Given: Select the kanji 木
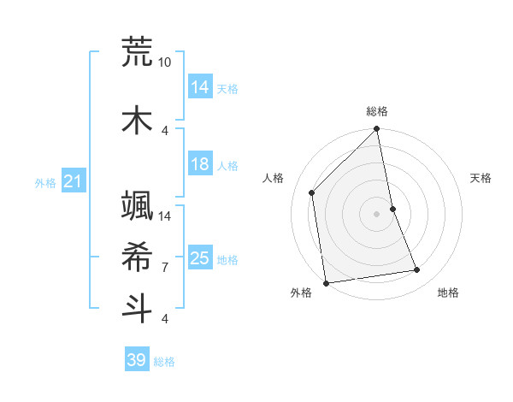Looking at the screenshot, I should coord(137,120).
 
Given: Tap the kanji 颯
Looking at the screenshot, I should coord(137,205).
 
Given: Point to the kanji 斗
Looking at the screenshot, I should coord(137,308).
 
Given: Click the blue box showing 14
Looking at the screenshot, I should coord(200,86).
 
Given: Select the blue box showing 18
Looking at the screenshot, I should coord(200,164).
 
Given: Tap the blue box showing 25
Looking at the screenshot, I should coord(200,258).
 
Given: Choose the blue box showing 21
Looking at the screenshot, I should coord(73,181).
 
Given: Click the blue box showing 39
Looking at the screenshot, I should coord(137,360).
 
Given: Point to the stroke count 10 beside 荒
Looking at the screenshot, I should coord(165,62).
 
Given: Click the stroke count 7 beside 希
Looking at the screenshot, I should coord(165,268).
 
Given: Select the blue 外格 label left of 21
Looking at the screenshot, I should coord(45,182).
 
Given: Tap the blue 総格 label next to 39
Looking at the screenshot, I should coord(164,362).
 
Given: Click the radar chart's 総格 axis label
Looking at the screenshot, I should coord(377,111).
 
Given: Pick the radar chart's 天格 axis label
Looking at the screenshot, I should coord(481,178).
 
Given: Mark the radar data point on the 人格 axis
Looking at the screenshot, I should coord(312,192).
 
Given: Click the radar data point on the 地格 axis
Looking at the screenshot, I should coord(417,270).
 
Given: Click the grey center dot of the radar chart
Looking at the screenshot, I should coord(377,214).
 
